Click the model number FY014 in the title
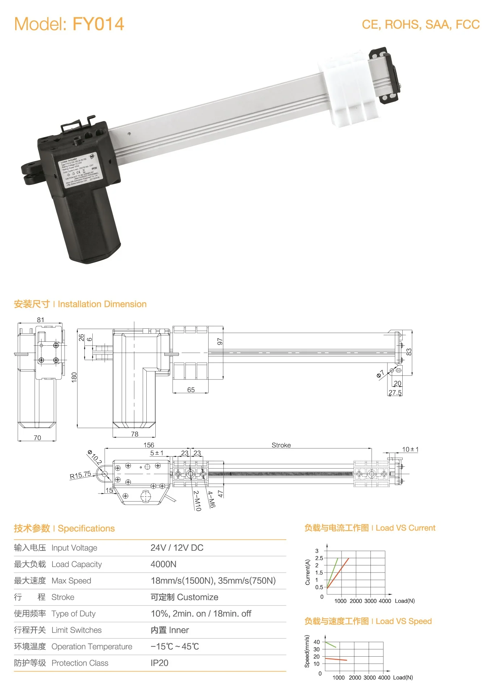click(x=98, y=24)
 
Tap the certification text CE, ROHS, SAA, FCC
click(x=420, y=25)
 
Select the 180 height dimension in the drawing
click(x=74, y=377)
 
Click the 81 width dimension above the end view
click(x=40, y=320)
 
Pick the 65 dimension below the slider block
click(x=191, y=390)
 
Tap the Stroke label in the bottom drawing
click(x=281, y=445)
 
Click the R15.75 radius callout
click(x=80, y=475)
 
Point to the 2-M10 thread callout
click(x=197, y=500)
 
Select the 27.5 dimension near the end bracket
click(x=395, y=392)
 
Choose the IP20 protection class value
click(x=159, y=663)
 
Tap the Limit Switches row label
click(x=76, y=630)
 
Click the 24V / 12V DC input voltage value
click(x=177, y=548)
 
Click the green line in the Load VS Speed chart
click(x=331, y=645)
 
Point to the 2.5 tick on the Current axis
click(x=319, y=558)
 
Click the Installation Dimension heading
click(x=102, y=304)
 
